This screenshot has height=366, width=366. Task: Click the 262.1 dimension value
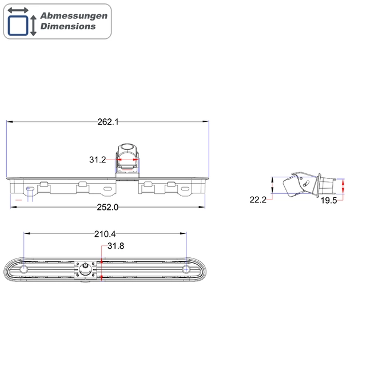coord(108,122)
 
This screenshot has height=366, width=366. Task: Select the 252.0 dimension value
coord(108,207)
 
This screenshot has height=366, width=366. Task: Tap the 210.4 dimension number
coord(105,234)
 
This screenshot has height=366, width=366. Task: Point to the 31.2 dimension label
coord(98,160)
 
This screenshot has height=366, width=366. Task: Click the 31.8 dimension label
coord(116,246)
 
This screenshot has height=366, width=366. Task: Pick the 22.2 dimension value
coord(258,200)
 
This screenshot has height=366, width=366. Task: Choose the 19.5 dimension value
coord(329,200)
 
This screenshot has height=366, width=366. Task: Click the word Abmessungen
coord(74,16)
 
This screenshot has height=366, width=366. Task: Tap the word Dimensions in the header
coord(68,26)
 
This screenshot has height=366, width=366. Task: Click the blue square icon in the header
coord(18,26)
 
